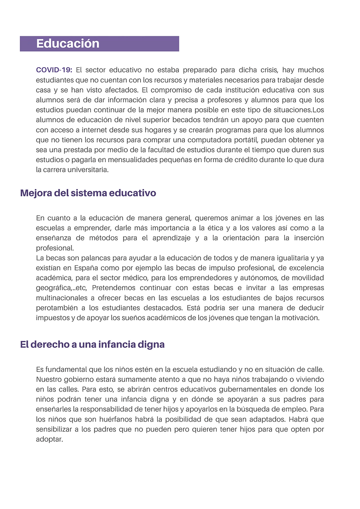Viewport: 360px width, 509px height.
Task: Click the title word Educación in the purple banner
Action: pos(68,44)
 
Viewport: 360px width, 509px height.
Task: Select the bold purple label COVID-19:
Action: pos(54,70)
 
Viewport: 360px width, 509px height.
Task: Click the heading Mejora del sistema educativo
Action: pos(88,193)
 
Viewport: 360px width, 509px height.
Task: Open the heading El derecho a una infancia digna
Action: pos(92,345)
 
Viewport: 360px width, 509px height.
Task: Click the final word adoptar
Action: pos(49,439)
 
